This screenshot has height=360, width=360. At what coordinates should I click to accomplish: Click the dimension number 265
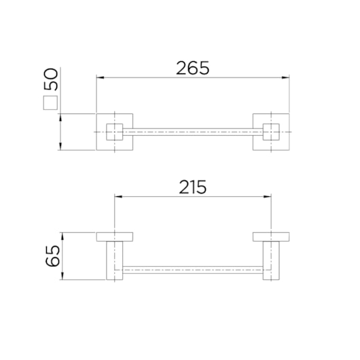click(x=192, y=67)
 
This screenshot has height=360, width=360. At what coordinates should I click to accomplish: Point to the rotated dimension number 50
click(x=51, y=80)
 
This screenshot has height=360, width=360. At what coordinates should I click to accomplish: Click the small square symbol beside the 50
click(x=51, y=103)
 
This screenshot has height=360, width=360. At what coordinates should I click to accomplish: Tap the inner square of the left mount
click(x=114, y=131)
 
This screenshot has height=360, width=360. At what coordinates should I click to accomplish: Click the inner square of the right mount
click(x=271, y=131)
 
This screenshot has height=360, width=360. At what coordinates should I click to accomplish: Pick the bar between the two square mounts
click(x=192, y=131)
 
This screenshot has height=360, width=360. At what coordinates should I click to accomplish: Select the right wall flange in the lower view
click(x=271, y=237)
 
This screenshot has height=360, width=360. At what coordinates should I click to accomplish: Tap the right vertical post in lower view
click(x=271, y=260)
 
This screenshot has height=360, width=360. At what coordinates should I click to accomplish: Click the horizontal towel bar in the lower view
click(x=192, y=270)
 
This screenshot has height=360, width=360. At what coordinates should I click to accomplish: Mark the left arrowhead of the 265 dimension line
click(x=98, y=78)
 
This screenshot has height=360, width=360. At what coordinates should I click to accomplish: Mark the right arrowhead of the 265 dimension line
click(x=287, y=78)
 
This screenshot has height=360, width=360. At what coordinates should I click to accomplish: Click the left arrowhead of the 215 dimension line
click(x=117, y=197)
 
